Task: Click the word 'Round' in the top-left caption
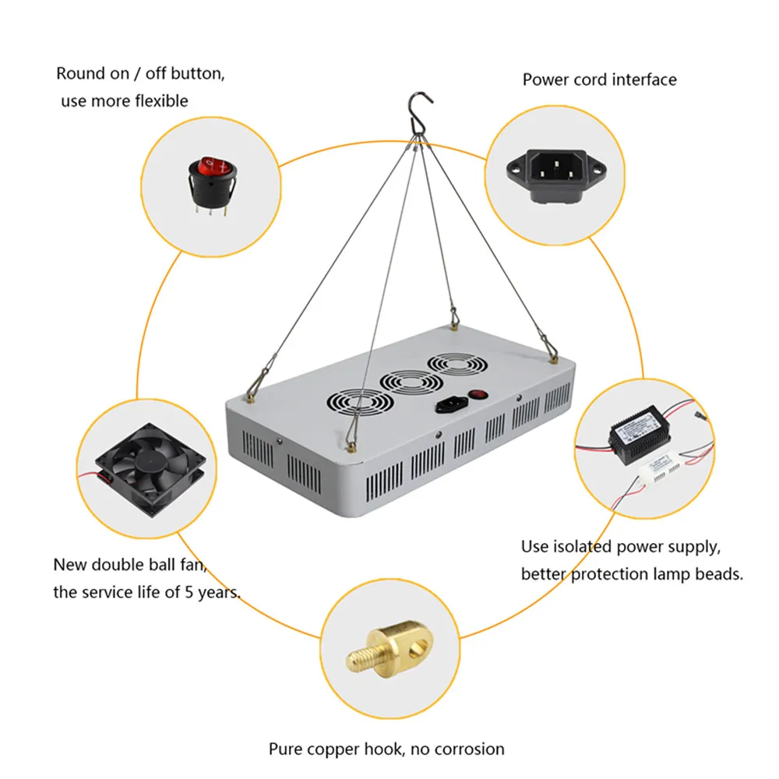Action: click(x=80, y=74)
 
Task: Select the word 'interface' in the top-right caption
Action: click(x=643, y=79)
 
